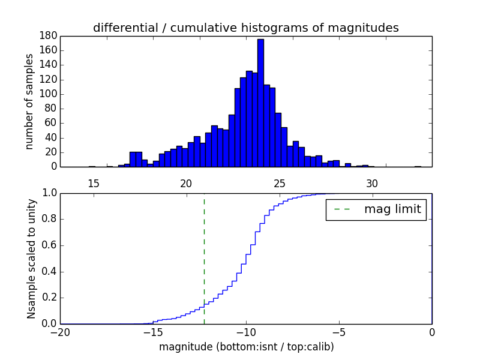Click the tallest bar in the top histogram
(260, 102)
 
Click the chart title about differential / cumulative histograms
(245, 28)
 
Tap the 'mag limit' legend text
(392, 209)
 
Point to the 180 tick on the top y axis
(49, 36)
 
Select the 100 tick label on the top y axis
(49, 94)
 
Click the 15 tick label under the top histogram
(93, 184)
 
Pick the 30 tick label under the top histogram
(372, 184)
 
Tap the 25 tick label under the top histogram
(279, 184)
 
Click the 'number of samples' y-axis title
(29, 101)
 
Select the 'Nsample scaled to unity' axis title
(31, 259)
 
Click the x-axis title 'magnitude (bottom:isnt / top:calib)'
(246, 347)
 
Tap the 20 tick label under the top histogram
(186, 184)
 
